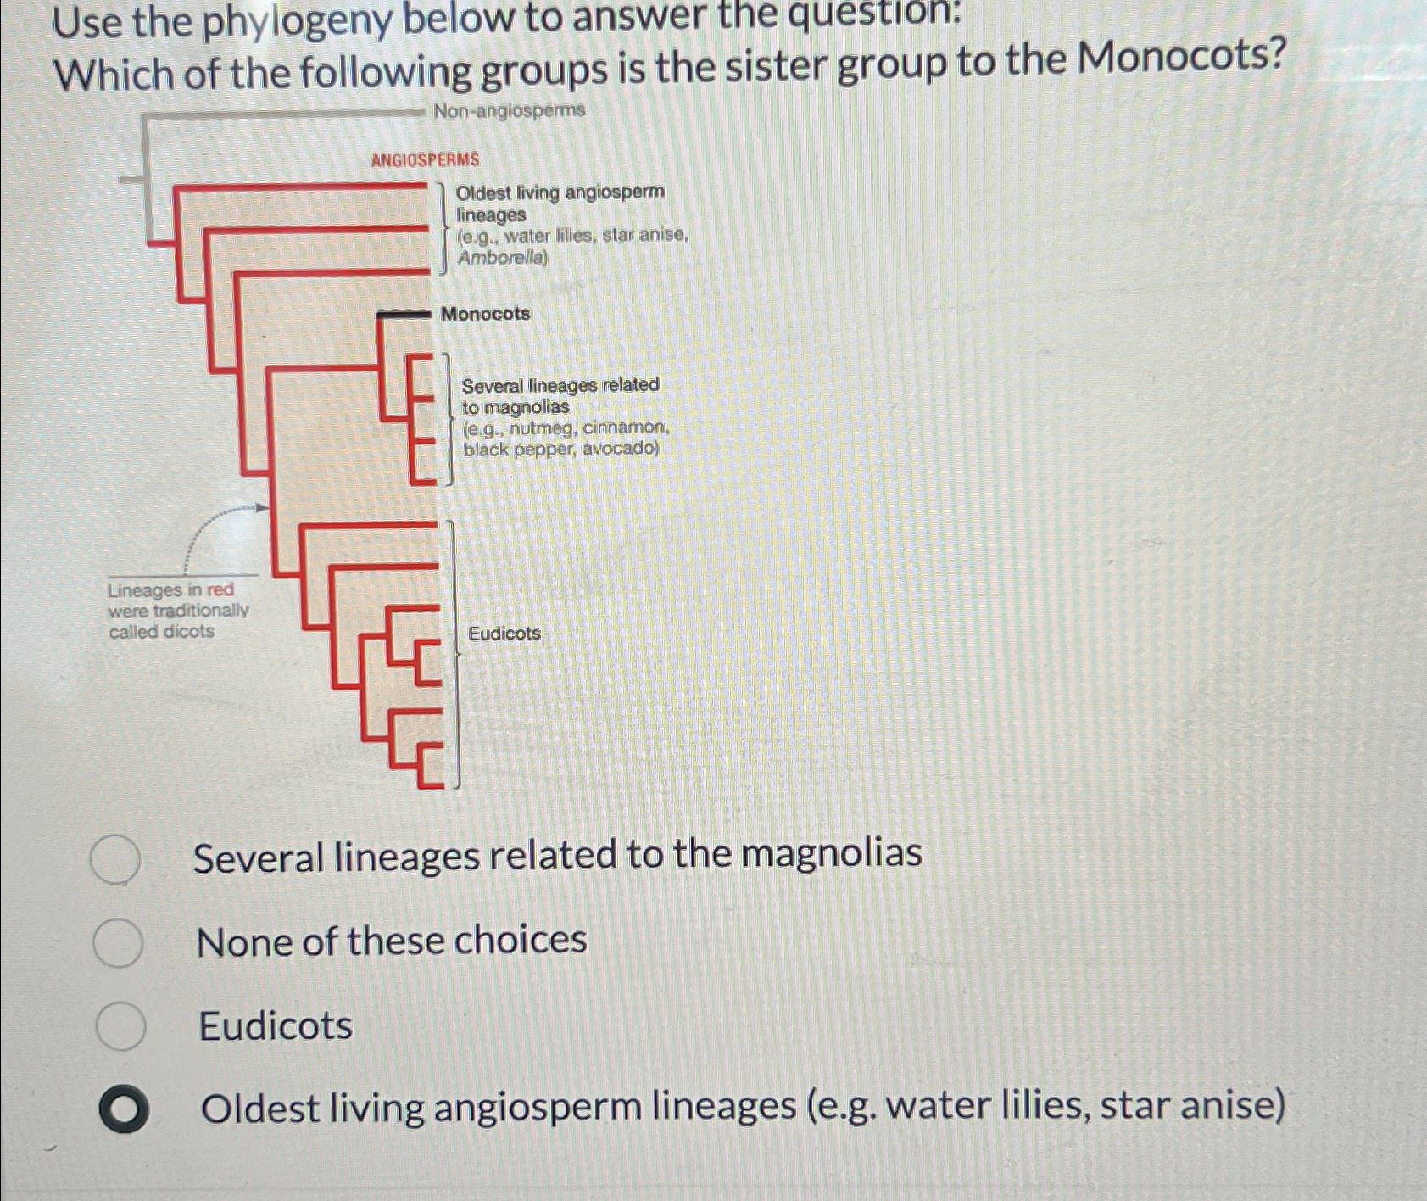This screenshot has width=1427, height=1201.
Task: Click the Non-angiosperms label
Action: coord(509,111)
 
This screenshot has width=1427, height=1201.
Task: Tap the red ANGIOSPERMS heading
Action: coord(425,159)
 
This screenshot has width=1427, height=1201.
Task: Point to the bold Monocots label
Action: coord(485,314)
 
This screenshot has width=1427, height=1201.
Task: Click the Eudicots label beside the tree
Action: coord(504,634)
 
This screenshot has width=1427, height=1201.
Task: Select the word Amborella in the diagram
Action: coord(502,258)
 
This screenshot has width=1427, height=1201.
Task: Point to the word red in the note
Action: coord(220,589)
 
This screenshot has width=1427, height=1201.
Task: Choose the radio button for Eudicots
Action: coord(120,1025)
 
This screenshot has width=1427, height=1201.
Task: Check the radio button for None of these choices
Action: coord(118,942)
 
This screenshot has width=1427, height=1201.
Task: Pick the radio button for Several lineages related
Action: coord(115,858)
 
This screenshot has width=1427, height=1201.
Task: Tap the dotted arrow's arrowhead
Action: coord(262,508)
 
